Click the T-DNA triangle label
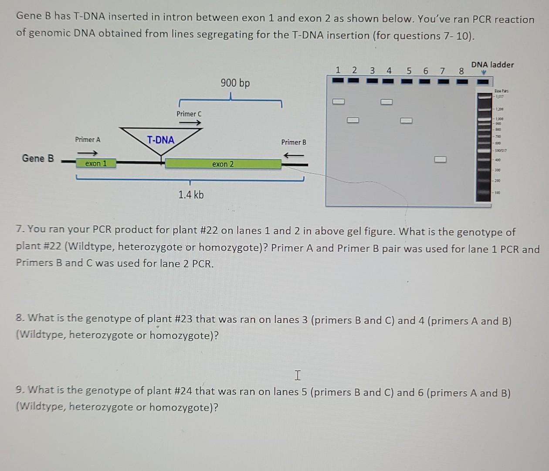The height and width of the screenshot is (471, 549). coord(160,140)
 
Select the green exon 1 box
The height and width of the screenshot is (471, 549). coord(96,164)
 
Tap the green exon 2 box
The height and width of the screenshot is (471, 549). coord(223,164)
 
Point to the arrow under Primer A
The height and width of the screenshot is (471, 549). coord(88,153)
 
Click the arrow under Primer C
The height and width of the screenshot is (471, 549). coord(190,123)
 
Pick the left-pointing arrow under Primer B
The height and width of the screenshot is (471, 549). coord(294,155)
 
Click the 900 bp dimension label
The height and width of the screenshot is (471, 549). coord(235,83)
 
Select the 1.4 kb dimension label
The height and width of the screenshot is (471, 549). coord(191,195)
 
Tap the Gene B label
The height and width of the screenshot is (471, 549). coord(38,158)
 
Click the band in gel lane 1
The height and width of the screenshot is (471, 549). coord(339,102)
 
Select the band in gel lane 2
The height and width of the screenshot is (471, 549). coord(353,120)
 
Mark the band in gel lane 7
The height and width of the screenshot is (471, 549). coord(440,159)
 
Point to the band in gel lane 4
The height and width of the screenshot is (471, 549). coord(386,102)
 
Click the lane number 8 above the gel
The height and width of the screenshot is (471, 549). coord(461,71)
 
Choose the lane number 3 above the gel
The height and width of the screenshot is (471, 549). coord(372,70)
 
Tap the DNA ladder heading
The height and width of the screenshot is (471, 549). coord(492,65)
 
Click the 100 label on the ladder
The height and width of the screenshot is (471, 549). coord(497,192)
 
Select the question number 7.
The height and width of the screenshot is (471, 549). coord(20,229)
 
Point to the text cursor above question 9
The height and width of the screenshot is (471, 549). coord(298,375)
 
